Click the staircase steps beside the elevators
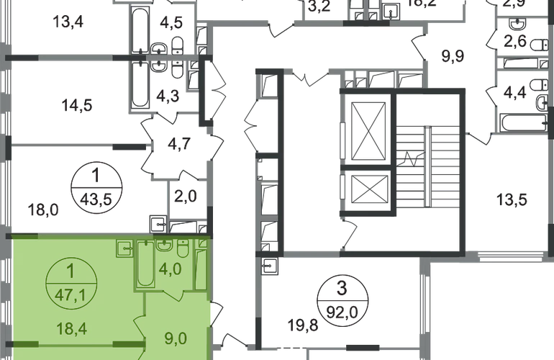[427, 166]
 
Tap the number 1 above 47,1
[70, 273]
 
